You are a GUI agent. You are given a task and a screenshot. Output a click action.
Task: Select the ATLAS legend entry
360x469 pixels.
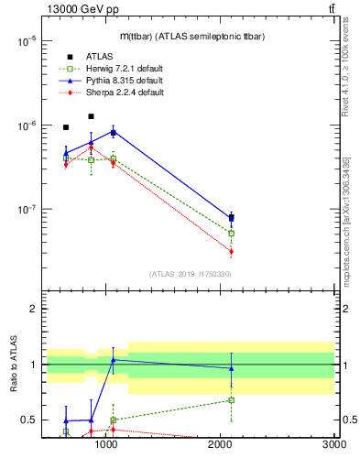(100, 57)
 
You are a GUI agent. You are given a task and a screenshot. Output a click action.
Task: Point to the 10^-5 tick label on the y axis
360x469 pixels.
(26, 41)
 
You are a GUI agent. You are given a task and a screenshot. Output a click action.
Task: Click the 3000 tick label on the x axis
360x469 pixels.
(333, 444)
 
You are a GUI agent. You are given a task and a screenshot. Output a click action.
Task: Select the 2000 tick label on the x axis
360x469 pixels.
(220, 444)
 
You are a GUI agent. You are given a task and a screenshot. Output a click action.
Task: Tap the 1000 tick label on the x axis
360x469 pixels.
(106, 444)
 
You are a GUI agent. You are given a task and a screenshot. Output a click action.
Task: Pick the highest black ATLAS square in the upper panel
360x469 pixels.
(91, 116)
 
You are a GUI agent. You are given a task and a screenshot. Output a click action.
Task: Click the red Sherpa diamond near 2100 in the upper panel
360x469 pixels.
(231, 251)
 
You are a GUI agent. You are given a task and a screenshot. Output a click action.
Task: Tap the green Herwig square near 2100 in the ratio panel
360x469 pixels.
(231, 399)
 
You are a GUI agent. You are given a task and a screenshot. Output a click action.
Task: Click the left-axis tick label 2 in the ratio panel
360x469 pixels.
(33, 309)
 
